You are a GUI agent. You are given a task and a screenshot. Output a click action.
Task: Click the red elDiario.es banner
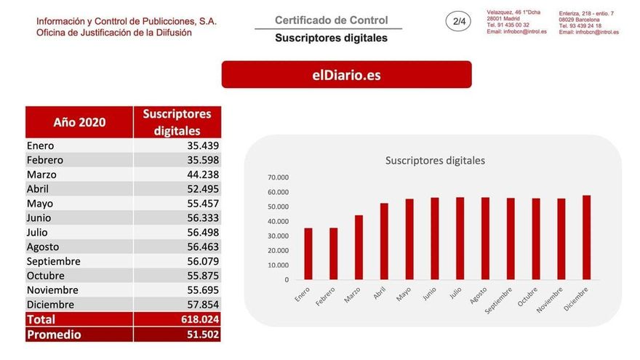point(346,74)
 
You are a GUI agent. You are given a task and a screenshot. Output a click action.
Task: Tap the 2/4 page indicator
point(460,22)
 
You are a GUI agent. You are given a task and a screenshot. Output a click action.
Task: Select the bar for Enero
point(308,254)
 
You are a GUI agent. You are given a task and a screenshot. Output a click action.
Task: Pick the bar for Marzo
point(359,247)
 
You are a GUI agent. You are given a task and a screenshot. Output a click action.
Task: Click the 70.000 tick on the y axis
point(279,177)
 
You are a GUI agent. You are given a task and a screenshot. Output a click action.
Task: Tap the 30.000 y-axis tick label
point(279,236)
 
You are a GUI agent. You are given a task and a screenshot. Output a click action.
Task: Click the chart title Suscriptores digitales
point(435,161)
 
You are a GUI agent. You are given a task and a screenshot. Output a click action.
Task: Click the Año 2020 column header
point(79,122)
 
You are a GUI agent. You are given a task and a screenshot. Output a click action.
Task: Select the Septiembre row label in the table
point(53,261)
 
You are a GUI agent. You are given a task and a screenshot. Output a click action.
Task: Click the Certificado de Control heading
point(331,20)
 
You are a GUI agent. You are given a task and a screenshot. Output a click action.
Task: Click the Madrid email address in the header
point(516,32)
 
